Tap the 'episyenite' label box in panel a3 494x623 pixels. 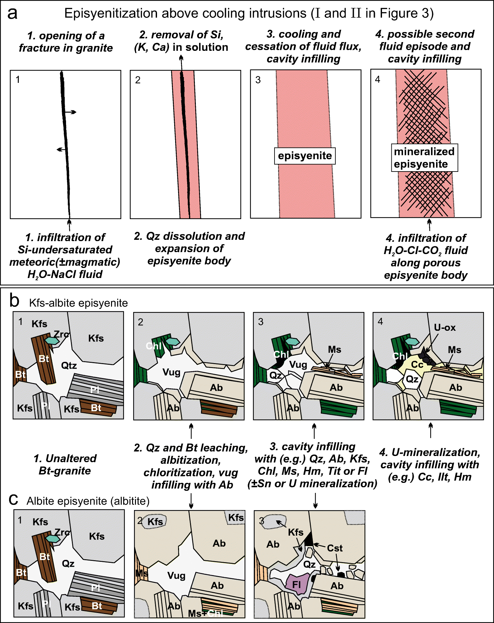pos(305,156)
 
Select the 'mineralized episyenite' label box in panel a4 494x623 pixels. pos(424,158)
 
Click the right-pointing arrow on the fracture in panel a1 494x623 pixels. pos(71,112)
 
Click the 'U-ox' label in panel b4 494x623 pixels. pos(444,328)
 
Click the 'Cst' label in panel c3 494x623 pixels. pos(334,548)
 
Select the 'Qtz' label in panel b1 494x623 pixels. pos(69,366)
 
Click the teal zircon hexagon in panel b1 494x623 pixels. pos(52,340)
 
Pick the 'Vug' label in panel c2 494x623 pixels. pos(176,575)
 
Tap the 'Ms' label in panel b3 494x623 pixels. pos(334,350)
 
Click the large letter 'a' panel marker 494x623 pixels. pos(12,14)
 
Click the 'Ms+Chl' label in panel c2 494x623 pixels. pos(205,613)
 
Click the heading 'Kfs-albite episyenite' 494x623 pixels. pos(78,303)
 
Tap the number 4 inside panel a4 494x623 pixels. pos(377,79)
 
